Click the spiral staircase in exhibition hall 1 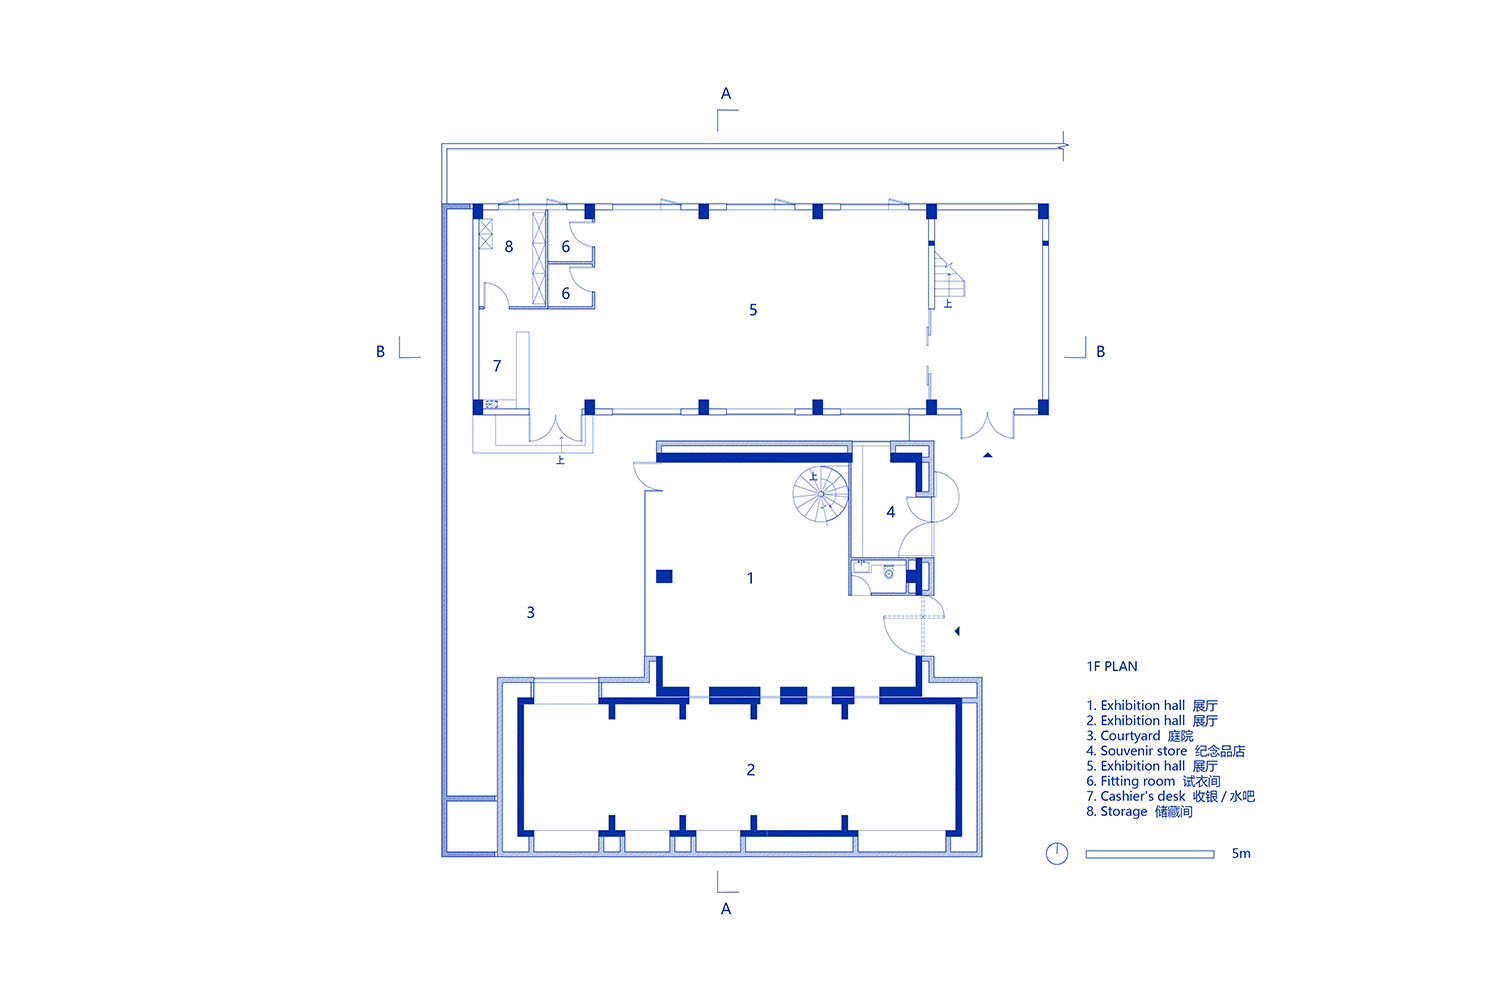point(820,494)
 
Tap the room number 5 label point(753,310)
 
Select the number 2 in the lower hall point(751,770)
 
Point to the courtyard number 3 point(530,612)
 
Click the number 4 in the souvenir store point(891,512)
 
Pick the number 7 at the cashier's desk point(497,366)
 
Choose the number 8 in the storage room point(509,247)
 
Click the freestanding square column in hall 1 point(664,576)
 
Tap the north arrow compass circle point(1057,853)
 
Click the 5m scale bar point(1150,854)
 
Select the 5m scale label point(1241,853)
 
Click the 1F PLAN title point(1112,666)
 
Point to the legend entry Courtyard point(1140,736)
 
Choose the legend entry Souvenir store point(1166,752)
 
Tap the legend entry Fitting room point(1153,782)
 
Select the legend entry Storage point(1139,812)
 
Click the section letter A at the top point(726,94)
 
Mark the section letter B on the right point(1100,352)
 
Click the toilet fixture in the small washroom point(889,573)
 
